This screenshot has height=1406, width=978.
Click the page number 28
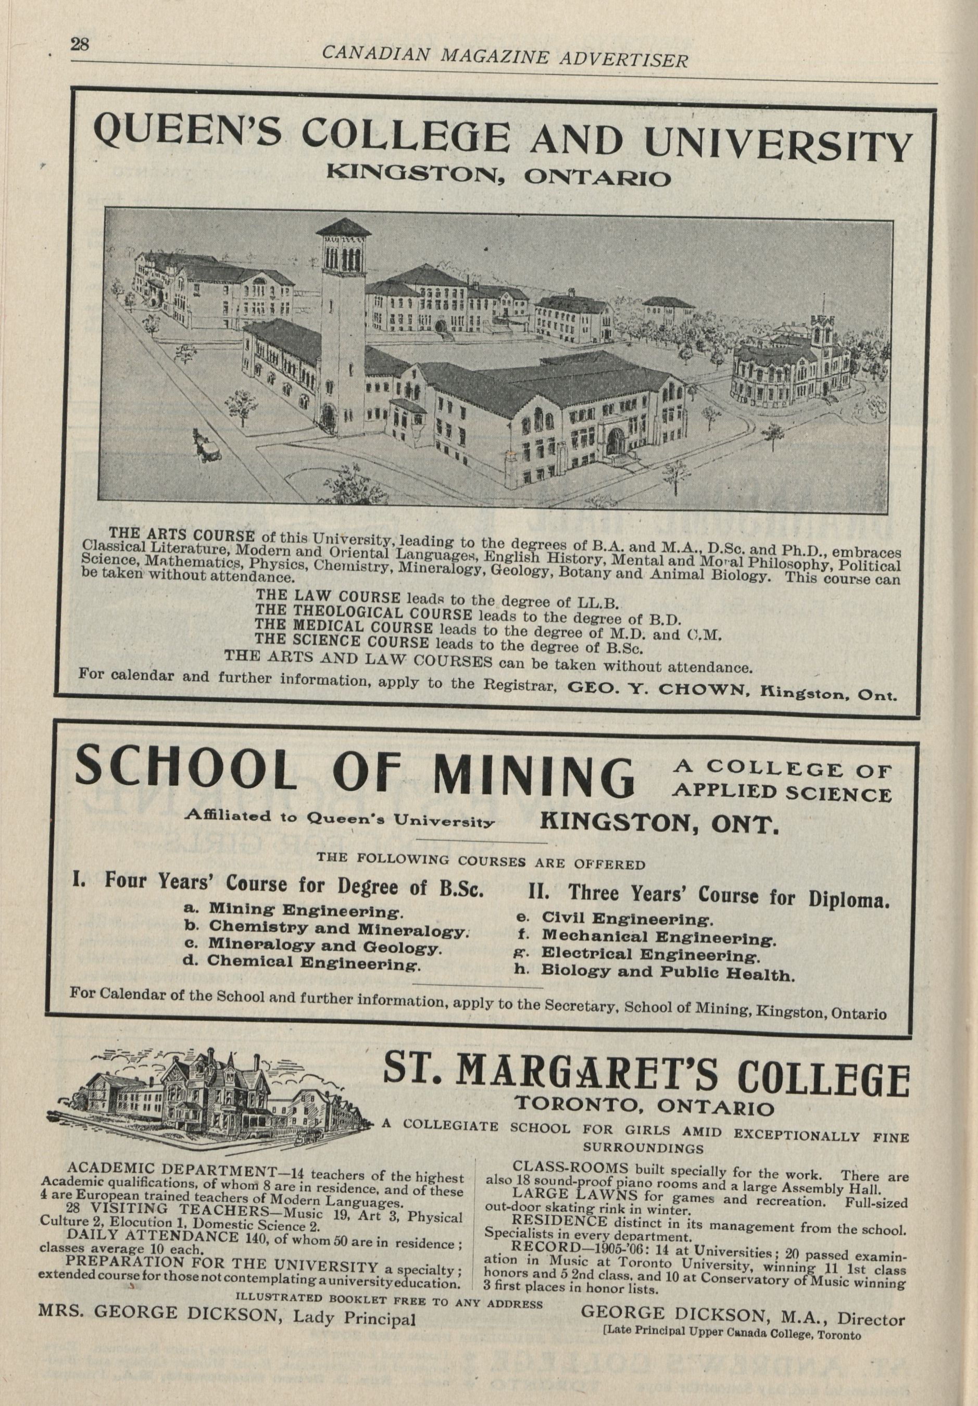[80, 45]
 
